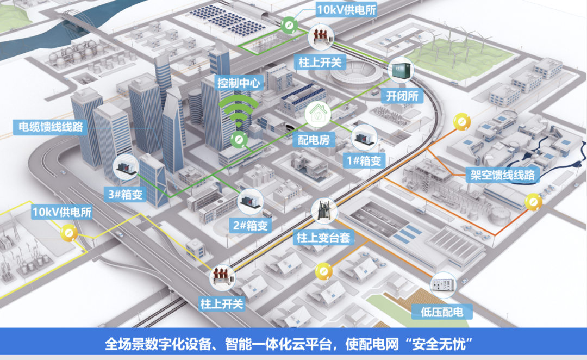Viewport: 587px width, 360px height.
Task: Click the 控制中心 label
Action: [x=239, y=83]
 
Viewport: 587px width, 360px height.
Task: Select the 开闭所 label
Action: [x=402, y=96]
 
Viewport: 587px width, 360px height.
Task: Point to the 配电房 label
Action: [x=314, y=140]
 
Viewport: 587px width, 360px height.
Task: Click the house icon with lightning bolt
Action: [x=318, y=114]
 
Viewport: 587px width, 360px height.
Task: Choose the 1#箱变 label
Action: [x=364, y=161]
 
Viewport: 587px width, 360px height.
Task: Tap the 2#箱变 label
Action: [x=251, y=225]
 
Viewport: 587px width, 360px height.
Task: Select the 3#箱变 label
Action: [x=126, y=195]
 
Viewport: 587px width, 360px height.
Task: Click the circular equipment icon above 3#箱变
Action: [x=126, y=167]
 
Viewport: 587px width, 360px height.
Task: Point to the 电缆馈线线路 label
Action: [x=51, y=127]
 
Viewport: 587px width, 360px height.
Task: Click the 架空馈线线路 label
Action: [x=502, y=175]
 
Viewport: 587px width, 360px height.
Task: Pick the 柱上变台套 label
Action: [x=323, y=238]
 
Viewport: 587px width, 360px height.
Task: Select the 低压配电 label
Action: [x=442, y=312]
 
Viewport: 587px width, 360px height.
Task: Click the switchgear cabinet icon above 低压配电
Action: [x=443, y=285]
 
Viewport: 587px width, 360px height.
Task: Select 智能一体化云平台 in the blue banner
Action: [x=278, y=344]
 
